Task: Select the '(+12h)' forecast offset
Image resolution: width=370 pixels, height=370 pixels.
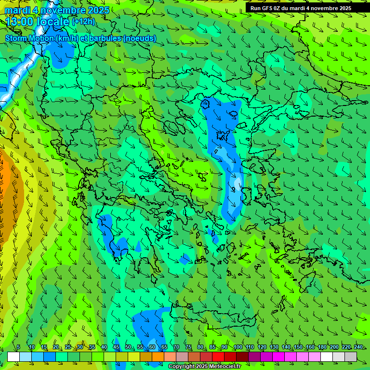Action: [x=83, y=22]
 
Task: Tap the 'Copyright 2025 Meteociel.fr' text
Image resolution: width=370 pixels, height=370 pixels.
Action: [x=204, y=367]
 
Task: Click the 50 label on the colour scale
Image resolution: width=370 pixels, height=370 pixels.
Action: [x=128, y=347]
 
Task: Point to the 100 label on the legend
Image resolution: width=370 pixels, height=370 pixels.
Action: [x=238, y=347]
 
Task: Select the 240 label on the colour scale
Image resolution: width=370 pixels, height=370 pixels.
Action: [x=358, y=347]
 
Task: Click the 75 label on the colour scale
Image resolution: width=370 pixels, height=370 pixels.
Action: [x=188, y=347]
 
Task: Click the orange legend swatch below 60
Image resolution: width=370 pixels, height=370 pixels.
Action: [x=158, y=357]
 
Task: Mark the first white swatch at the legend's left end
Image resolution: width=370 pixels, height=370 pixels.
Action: [x=13, y=357]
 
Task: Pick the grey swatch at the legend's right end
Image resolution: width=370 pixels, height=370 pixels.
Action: [x=351, y=357]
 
